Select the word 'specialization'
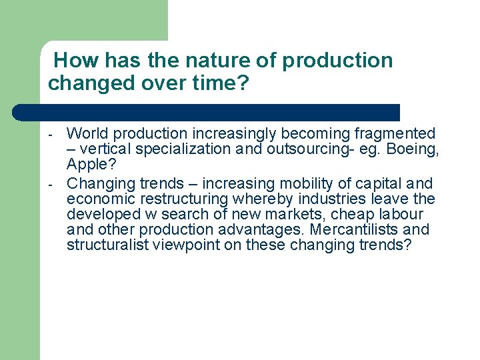186,149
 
